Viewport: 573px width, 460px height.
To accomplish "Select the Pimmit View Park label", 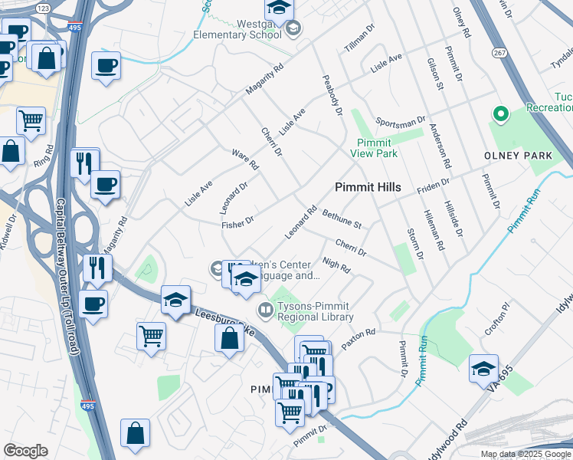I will tap(376, 148).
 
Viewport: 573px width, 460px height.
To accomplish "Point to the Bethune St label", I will tap(341, 219).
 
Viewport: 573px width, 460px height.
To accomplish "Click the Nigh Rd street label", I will tap(336, 265).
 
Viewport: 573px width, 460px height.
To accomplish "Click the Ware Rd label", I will tap(245, 159).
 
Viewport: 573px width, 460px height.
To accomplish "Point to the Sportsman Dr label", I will tap(400, 122).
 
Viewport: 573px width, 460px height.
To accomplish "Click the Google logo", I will tap(25, 451).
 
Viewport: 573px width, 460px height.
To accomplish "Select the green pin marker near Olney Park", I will tap(500, 115).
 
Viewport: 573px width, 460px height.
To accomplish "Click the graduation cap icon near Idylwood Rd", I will tap(483, 370).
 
